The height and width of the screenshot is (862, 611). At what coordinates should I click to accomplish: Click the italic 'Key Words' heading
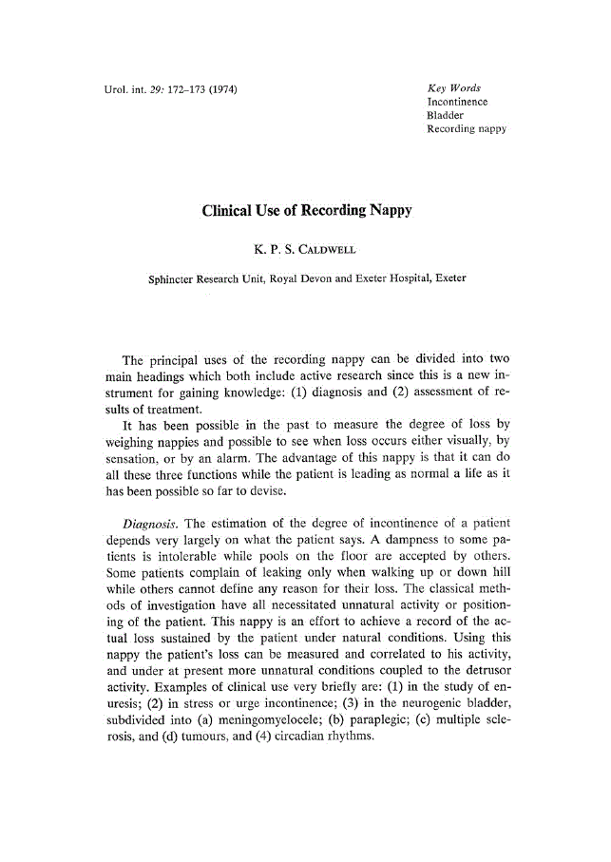(x=453, y=88)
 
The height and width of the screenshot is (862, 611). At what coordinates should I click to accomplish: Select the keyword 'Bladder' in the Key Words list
(x=446, y=115)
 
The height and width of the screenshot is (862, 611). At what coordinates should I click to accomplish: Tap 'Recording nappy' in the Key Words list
(x=467, y=128)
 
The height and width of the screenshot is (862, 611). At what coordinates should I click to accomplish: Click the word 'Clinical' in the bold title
(x=231, y=211)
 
